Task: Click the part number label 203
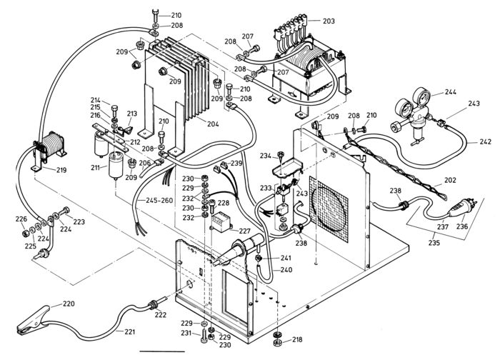(329, 21)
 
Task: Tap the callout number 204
(213, 124)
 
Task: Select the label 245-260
(159, 201)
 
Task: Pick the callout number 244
(450, 92)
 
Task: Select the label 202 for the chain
(450, 180)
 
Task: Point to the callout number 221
(130, 332)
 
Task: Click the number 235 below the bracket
(434, 243)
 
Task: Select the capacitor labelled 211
(116, 165)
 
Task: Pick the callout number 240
(286, 270)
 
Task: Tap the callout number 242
(486, 141)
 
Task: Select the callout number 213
(132, 114)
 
